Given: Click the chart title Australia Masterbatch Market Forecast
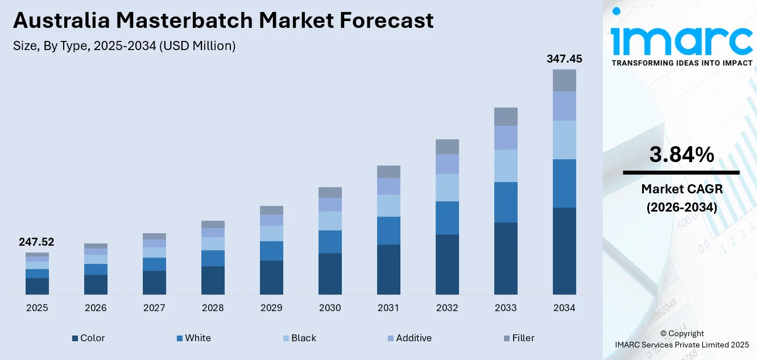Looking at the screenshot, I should pyautogui.click(x=223, y=20).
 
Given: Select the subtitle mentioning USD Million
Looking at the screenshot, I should pyautogui.click(x=124, y=46).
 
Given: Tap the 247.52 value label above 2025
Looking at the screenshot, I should pyautogui.click(x=36, y=242).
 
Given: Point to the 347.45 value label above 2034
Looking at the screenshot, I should pyautogui.click(x=564, y=59).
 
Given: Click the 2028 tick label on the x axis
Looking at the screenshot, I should pyautogui.click(x=213, y=308).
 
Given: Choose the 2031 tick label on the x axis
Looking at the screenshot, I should pyautogui.click(x=388, y=308).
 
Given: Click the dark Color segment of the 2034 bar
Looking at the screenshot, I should pyautogui.click(x=564, y=251).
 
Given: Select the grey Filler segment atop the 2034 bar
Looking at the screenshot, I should pyautogui.click(x=564, y=80).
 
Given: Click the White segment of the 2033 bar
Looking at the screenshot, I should pyautogui.click(x=506, y=202).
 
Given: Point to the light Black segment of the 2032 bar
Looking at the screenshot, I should pyautogui.click(x=447, y=188).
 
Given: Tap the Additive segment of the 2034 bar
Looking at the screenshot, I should pyautogui.click(x=564, y=106).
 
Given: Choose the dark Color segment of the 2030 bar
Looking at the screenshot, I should pyautogui.click(x=330, y=274).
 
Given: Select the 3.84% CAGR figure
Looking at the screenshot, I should pyautogui.click(x=681, y=155).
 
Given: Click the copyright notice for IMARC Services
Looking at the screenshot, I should pyautogui.click(x=681, y=339).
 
